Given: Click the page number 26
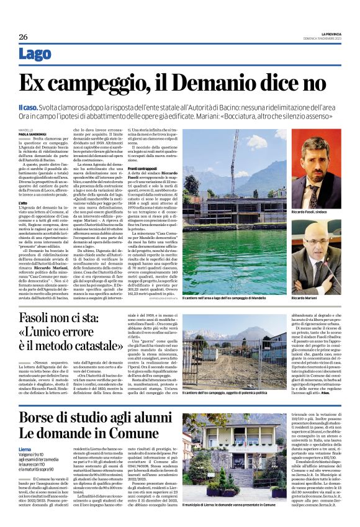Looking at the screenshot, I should pos(23,36).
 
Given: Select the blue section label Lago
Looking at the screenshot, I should pos(35,54).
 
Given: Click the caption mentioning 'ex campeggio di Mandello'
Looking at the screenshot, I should pos(233,299).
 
